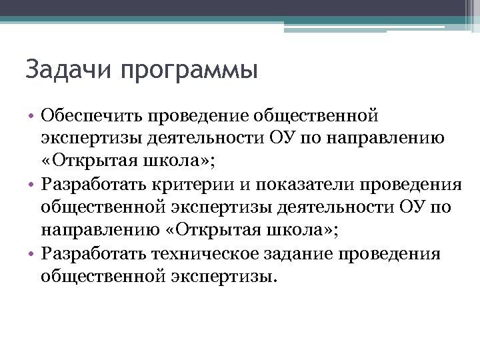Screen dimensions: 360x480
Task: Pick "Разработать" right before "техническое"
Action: click(94, 253)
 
